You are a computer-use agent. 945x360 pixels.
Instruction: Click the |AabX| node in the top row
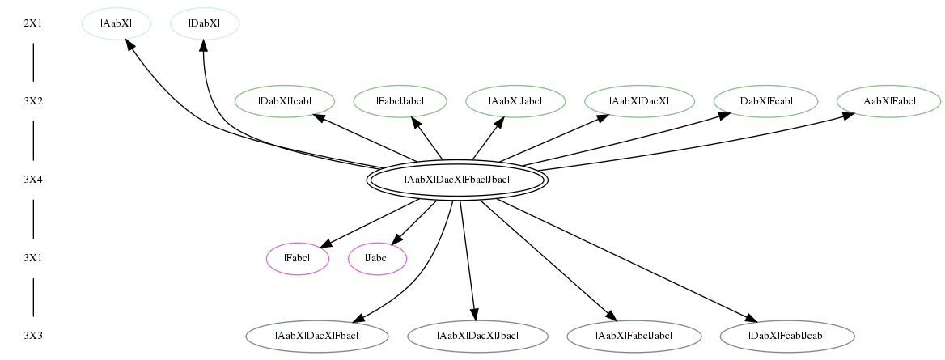pyautogui.click(x=117, y=23)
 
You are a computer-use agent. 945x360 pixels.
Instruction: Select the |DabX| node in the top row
pyautogui.click(x=205, y=23)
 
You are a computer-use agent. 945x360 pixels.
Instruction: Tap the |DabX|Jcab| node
pyautogui.click(x=285, y=101)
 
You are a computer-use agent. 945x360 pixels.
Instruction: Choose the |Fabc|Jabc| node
pyautogui.click(x=400, y=101)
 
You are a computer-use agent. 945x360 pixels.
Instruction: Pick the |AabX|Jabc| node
pyautogui.click(x=515, y=101)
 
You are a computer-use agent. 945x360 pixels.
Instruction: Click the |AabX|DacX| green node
pyautogui.click(x=639, y=101)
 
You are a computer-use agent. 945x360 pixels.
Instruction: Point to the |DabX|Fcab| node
pyautogui.click(x=765, y=101)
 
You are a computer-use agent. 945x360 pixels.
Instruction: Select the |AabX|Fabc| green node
pyautogui.click(x=888, y=101)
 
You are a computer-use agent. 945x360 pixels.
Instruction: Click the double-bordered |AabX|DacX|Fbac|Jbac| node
pyautogui.click(x=457, y=180)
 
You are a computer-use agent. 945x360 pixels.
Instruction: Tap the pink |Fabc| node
pyautogui.click(x=298, y=259)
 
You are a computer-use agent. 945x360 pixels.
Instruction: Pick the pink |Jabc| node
pyautogui.click(x=377, y=259)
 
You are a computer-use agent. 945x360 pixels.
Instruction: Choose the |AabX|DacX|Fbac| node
pyautogui.click(x=317, y=336)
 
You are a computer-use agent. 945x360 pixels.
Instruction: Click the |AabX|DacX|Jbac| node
pyautogui.click(x=477, y=336)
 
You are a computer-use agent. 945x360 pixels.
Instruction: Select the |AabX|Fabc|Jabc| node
pyautogui.click(x=634, y=336)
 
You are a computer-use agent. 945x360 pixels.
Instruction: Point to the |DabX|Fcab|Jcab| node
pyautogui.click(x=788, y=336)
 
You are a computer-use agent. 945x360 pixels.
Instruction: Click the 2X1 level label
pyautogui.click(x=33, y=24)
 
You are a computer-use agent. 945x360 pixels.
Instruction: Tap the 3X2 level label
pyautogui.click(x=33, y=101)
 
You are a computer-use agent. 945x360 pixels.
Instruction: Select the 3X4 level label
pyautogui.click(x=33, y=180)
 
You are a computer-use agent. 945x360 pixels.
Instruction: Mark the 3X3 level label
pyautogui.click(x=33, y=336)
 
